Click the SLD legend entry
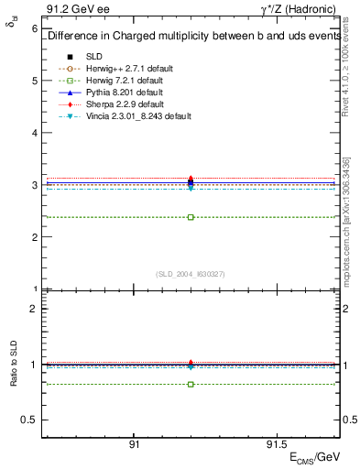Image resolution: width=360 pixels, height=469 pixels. coord(93,56)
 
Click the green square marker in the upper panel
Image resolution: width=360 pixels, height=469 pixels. coord(191,217)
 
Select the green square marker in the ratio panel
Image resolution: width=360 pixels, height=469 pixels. coord(191,384)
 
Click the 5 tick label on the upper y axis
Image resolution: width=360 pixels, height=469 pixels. coord(34,81)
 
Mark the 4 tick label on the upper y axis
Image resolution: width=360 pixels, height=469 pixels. coord(34,133)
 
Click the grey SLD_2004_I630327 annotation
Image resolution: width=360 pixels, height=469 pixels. coord(191,274)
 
